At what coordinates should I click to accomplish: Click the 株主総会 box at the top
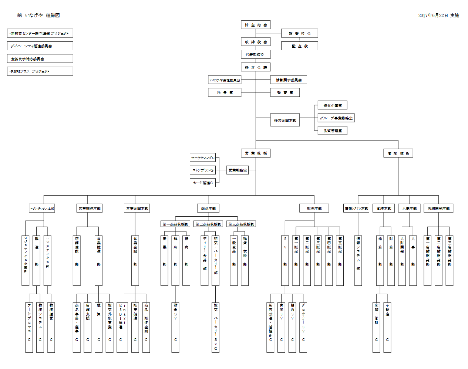[256, 25]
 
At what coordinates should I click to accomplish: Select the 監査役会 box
[299, 33]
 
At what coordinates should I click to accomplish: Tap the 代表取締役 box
[256, 54]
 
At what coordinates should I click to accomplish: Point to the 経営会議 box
[256, 67]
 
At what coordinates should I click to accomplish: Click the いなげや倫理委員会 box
[225, 80]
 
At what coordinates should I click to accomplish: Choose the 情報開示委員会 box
[289, 80]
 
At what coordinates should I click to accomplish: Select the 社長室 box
[225, 92]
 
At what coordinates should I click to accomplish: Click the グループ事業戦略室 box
[336, 118]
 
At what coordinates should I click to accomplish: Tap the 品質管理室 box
[332, 131]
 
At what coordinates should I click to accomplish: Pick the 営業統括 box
[256, 153]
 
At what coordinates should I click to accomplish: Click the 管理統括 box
[398, 153]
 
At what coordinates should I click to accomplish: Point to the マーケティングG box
[203, 158]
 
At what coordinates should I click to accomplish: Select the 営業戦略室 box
[237, 170]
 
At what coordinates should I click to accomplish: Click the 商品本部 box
[208, 208]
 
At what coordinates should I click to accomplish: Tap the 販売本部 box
[314, 208]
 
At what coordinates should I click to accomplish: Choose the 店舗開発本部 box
[438, 208]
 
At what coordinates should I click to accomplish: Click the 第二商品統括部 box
[208, 224]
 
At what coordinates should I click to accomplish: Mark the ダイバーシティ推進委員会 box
[40, 46]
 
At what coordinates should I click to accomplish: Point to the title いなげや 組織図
[38, 15]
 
